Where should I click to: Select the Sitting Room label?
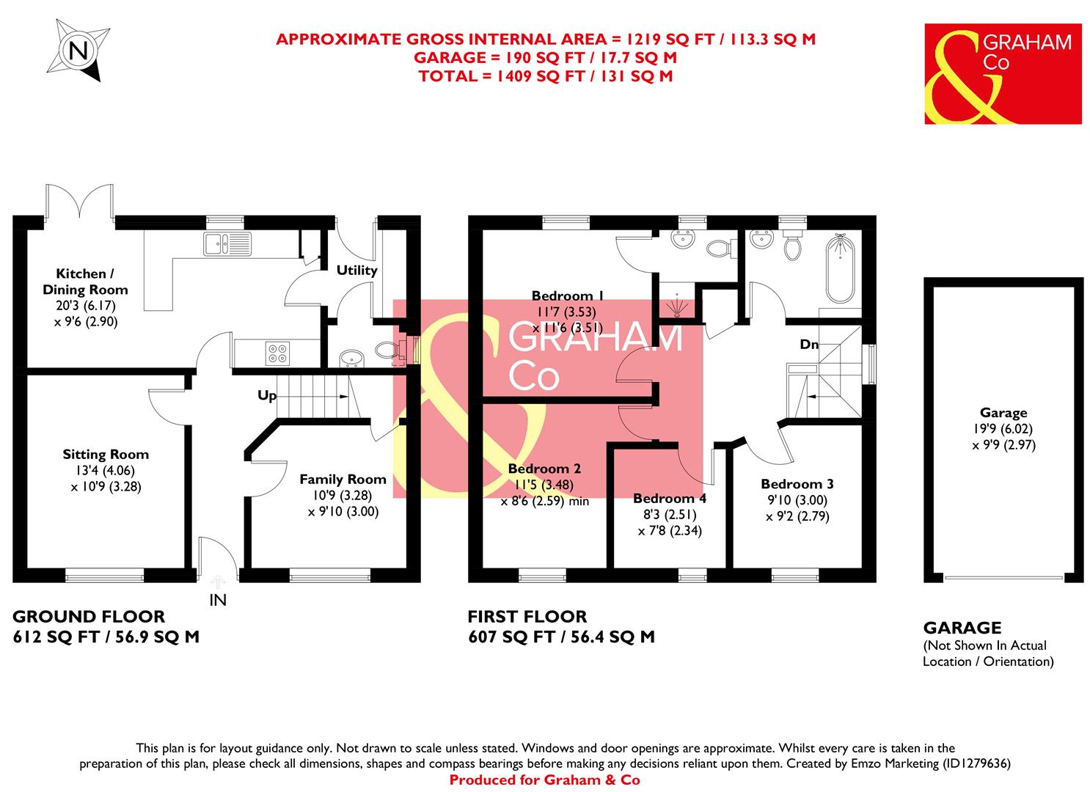106,455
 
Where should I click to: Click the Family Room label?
343,480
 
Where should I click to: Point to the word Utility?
356,270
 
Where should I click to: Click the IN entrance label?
218,600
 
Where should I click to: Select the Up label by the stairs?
267,396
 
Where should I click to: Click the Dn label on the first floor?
809,344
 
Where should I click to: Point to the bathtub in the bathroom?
840,268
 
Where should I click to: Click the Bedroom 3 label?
797,484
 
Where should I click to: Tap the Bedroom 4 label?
670,499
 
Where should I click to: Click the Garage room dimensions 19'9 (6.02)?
1003,429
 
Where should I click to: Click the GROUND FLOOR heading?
89,617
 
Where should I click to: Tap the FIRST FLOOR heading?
527,617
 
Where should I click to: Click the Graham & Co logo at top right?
1002,73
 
